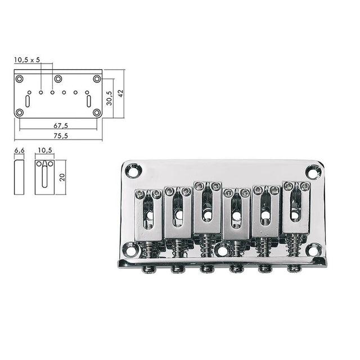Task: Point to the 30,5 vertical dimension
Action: point(109,97)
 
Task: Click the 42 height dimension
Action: point(120,93)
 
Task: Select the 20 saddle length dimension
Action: point(61,177)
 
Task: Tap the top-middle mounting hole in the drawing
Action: point(58,78)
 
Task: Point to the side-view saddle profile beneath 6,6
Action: point(19,177)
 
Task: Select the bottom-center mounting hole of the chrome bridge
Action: point(223,250)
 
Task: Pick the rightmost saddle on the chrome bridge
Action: point(296,208)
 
